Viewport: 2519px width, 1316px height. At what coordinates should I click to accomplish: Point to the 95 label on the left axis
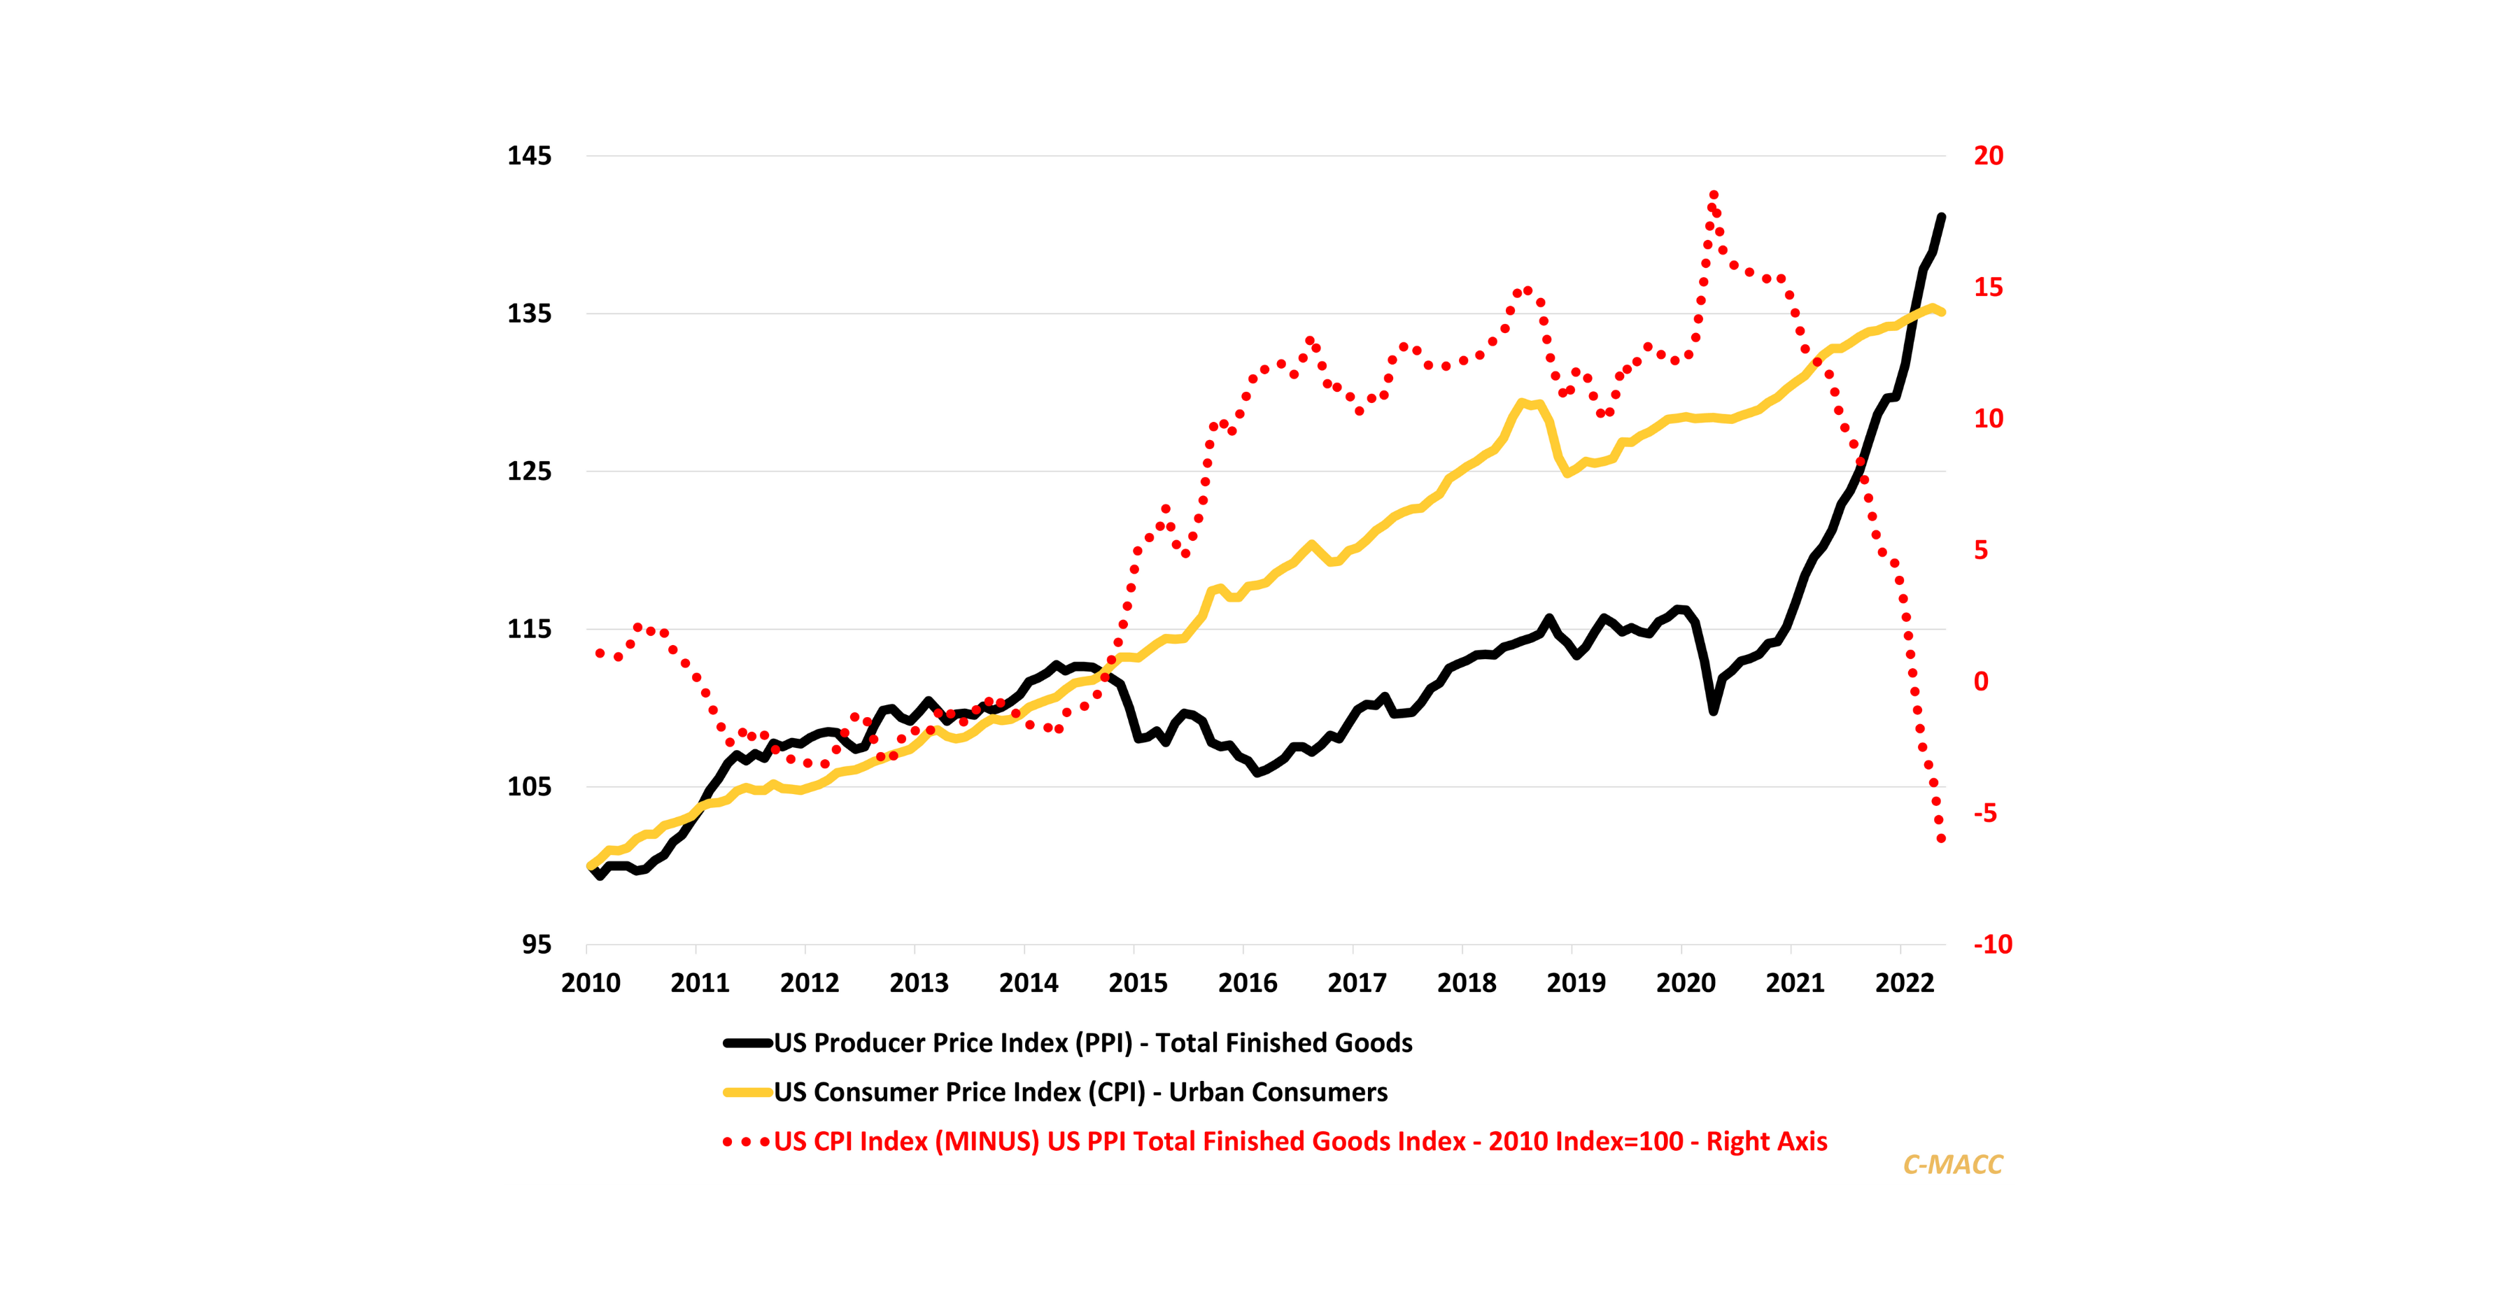pyautogui.click(x=537, y=945)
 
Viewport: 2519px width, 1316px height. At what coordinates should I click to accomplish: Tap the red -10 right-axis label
pyautogui.click(x=1992, y=945)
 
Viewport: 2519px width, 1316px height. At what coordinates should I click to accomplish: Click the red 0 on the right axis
pyautogui.click(x=1981, y=682)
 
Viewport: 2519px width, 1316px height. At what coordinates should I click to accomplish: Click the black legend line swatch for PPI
pyautogui.click(x=748, y=1043)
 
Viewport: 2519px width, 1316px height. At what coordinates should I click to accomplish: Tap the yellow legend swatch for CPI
pyautogui.click(x=748, y=1092)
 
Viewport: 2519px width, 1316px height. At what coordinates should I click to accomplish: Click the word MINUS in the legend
pyautogui.click(x=987, y=1142)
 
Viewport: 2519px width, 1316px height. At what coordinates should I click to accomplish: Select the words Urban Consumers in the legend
pyautogui.click(x=1278, y=1092)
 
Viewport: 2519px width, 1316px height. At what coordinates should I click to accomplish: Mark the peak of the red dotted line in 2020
pyautogui.click(x=1713, y=195)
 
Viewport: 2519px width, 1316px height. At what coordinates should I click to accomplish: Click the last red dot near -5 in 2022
pyautogui.click(x=1941, y=839)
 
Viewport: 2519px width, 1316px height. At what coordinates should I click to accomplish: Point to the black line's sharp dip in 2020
pyautogui.click(x=1713, y=711)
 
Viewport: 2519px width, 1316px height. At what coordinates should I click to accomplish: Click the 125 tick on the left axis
pyautogui.click(x=529, y=472)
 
